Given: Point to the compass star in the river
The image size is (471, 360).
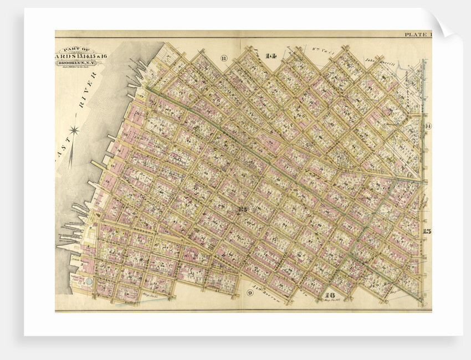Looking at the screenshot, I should click(75, 131).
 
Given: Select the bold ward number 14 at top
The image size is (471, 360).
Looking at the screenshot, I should click(270, 56).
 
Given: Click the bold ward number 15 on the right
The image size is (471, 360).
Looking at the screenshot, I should click(427, 232).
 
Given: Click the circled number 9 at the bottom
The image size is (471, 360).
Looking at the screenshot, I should click(250, 292).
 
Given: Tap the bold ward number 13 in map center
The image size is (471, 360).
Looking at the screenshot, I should click(242, 209).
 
